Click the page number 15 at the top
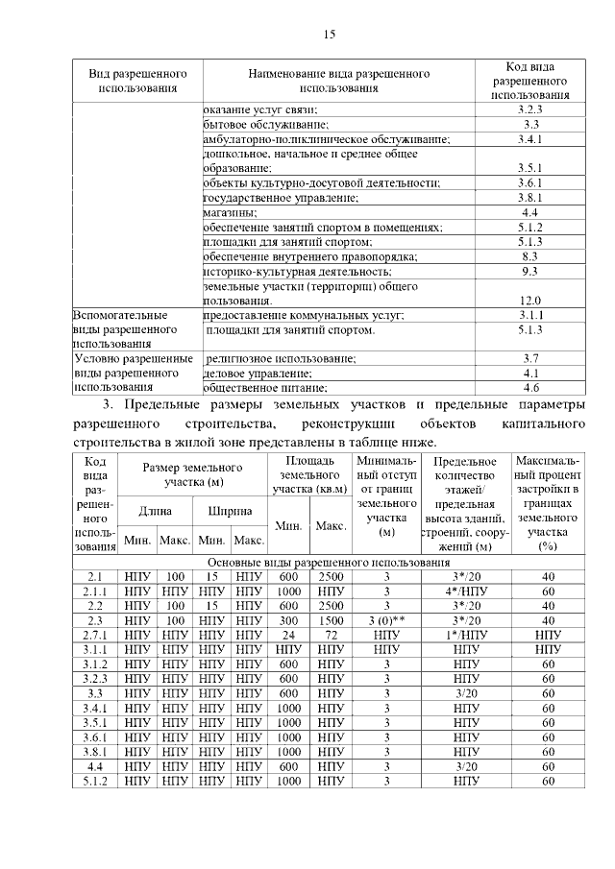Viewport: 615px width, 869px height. [x=329, y=35]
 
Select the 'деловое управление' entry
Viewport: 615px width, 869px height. [x=251, y=374]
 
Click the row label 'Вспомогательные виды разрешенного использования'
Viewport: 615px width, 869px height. [x=122, y=329]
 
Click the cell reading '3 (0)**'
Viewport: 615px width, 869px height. [x=386, y=621]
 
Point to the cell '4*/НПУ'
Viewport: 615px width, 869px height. [x=465, y=591]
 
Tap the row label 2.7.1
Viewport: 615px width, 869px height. [x=95, y=636]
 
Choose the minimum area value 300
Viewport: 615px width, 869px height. [x=288, y=621]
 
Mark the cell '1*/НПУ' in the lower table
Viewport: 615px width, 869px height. [x=465, y=636]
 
